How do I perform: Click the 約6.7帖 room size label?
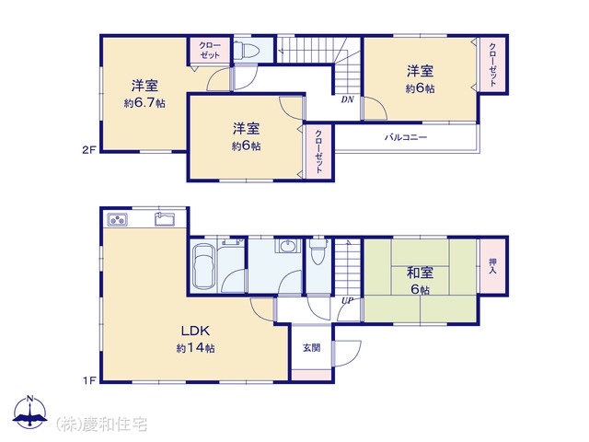(144, 102)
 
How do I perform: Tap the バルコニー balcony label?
(406, 137)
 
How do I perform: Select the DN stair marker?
(348, 99)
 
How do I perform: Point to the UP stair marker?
(347, 301)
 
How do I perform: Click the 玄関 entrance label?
(311, 348)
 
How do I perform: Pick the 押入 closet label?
(492, 266)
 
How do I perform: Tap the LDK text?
(195, 331)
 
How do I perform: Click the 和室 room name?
(420, 273)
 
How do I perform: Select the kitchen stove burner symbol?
(118, 219)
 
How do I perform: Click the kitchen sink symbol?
(165, 219)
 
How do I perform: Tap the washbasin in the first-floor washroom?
(288, 246)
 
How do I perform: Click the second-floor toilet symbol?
(246, 50)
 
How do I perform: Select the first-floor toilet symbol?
(318, 250)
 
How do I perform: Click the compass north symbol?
(30, 413)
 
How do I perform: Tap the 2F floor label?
(89, 150)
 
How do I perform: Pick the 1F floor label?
(90, 380)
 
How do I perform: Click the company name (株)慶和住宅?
(101, 425)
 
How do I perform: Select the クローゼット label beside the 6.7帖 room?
(210, 51)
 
